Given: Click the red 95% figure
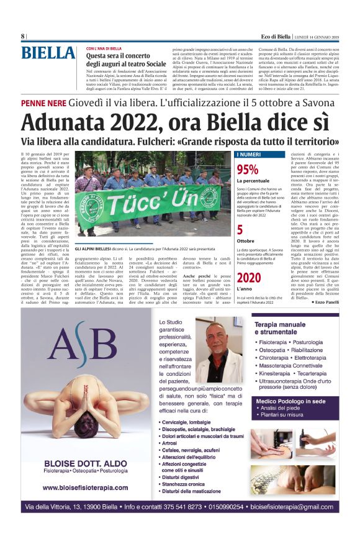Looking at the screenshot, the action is (x=247, y=170).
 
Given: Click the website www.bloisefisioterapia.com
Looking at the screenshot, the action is (x=81, y=488).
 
